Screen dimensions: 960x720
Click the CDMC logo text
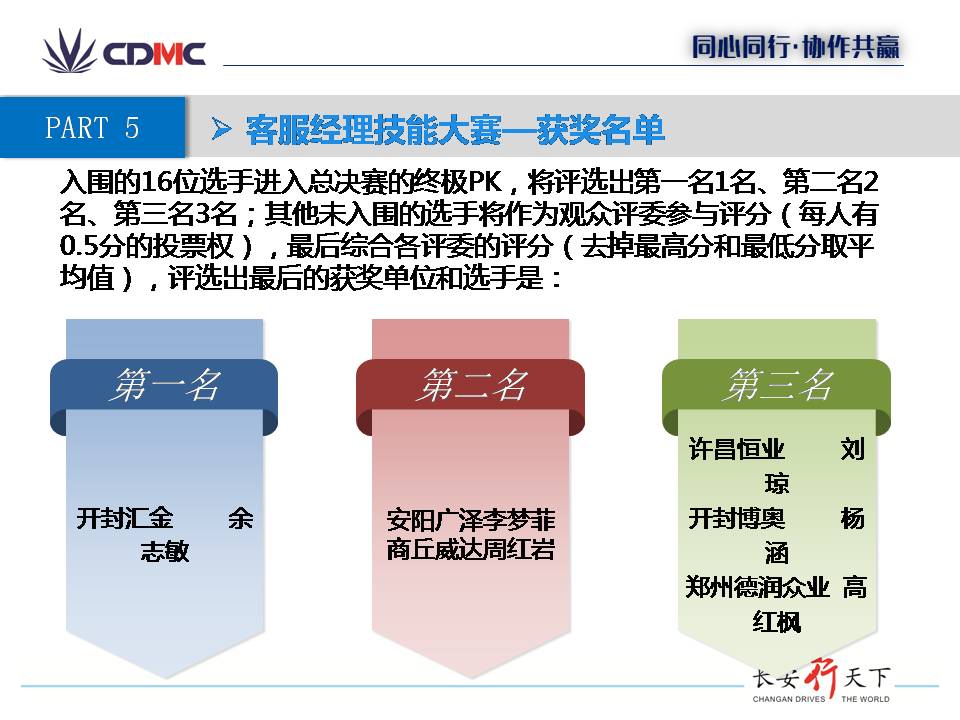pyautogui.click(x=154, y=54)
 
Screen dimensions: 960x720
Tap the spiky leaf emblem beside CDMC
pyautogui.click(x=69, y=51)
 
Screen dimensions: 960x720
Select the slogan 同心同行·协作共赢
pyautogui.click(x=795, y=47)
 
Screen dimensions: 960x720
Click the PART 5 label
pyautogui.click(x=92, y=127)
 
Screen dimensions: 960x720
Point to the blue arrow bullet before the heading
pyautogui.click(x=221, y=129)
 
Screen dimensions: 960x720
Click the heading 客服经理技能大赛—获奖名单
pyautogui.click(x=454, y=130)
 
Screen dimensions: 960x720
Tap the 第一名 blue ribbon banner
pyautogui.click(x=164, y=392)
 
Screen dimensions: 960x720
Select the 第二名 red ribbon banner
pyautogui.click(x=470, y=392)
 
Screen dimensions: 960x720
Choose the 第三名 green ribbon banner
pyautogui.click(x=776, y=392)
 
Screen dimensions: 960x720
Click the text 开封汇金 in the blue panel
pyautogui.click(x=125, y=519)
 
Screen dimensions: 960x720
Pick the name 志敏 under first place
pyautogui.click(x=165, y=552)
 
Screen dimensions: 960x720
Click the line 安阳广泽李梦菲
pyautogui.click(x=471, y=520)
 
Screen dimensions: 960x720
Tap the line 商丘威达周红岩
pyautogui.click(x=471, y=549)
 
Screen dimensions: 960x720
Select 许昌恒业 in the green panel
pyautogui.click(x=737, y=449)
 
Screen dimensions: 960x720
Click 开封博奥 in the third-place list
pyautogui.click(x=737, y=519)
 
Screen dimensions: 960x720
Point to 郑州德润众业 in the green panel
pyautogui.click(x=757, y=587)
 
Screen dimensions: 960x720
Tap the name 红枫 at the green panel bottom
pyautogui.click(x=777, y=622)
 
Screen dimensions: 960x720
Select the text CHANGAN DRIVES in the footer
pyautogui.click(x=789, y=699)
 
